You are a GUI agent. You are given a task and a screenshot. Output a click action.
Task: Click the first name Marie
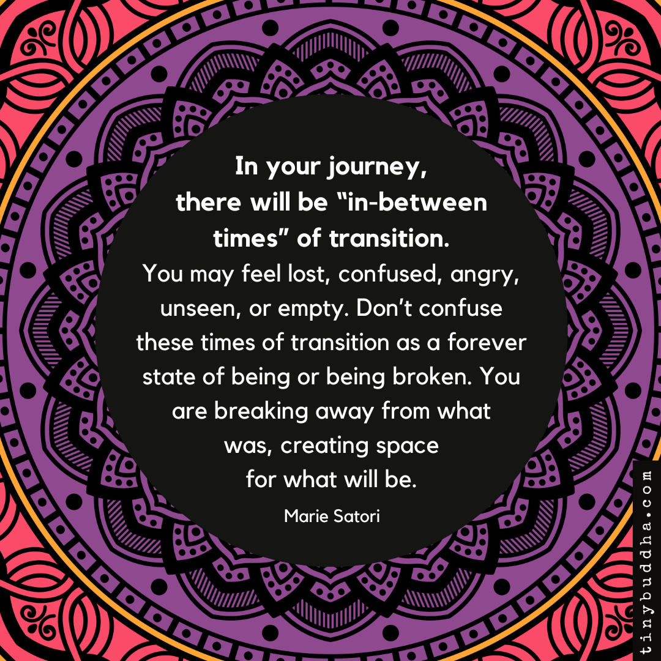304,516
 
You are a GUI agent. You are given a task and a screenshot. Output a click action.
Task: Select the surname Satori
357,516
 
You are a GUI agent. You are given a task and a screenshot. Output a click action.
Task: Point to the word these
161,342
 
